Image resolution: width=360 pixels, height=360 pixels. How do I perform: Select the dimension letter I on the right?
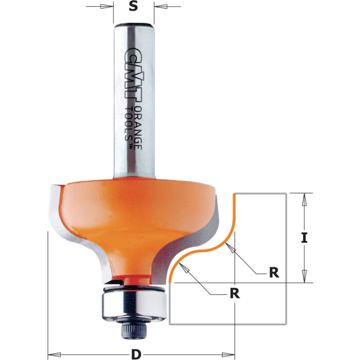304,238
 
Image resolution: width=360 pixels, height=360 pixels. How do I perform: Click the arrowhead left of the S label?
109,7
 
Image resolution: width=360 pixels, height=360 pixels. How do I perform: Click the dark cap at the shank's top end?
133,25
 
